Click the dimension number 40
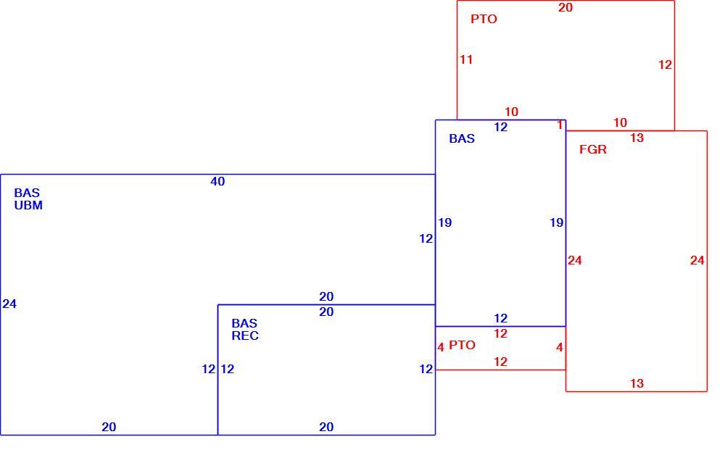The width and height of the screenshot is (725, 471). tap(217, 181)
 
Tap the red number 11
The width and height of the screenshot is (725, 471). tap(466, 59)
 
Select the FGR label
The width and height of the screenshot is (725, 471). tap(593, 149)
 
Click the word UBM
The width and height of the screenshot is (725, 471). tap(28, 205)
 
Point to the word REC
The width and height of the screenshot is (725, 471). tap(245, 335)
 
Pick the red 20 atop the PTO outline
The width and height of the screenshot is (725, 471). tap(565, 7)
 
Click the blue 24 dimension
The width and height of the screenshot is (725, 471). tap(9, 304)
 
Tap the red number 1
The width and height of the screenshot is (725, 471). tap(560, 125)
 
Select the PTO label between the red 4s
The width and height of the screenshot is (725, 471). tap(462, 345)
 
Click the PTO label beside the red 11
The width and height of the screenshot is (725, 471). tap(484, 19)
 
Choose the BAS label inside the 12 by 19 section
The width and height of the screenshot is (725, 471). tap(462, 138)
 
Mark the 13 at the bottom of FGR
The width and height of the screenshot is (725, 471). tap(637, 383)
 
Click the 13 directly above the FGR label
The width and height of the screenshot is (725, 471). tap(637, 138)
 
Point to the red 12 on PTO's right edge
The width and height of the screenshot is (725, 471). tap(665, 64)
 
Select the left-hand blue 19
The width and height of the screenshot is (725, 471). tap(445, 222)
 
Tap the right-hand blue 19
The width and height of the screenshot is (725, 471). tap(556, 222)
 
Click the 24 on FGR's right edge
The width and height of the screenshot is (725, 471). tap(697, 261)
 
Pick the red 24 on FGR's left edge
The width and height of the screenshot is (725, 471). tap(575, 261)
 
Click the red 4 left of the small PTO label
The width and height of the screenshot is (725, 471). tap(441, 347)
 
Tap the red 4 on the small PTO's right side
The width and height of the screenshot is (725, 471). tap(560, 347)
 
